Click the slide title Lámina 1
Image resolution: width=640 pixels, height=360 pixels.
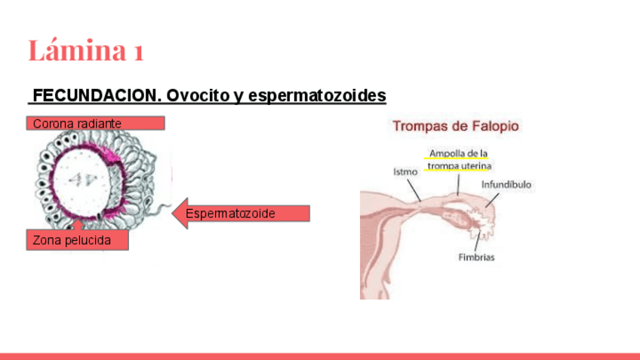(85, 51)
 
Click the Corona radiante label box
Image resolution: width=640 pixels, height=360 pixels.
(95, 123)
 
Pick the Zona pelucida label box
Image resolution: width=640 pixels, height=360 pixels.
(77, 240)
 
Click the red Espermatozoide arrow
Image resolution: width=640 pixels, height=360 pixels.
(242, 214)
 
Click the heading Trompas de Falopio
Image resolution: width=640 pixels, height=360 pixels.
(456, 126)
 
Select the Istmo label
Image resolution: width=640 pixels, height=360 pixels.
(405, 172)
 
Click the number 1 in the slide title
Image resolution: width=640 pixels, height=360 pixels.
(137, 51)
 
